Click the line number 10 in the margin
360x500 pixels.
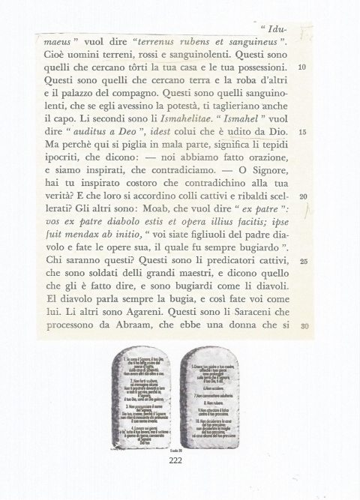(x=302, y=67)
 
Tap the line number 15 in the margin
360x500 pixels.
(x=302, y=132)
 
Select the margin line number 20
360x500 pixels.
(x=302, y=196)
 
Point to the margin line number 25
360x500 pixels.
(x=302, y=262)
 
